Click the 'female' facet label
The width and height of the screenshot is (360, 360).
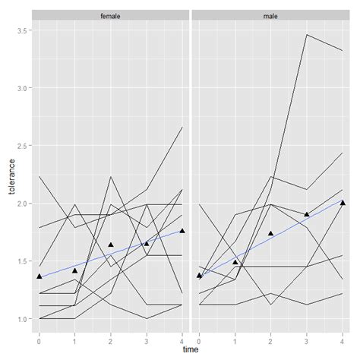tap(110, 15)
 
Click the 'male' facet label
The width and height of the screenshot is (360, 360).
tap(270, 15)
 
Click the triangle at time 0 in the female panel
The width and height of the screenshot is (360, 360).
tap(39, 276)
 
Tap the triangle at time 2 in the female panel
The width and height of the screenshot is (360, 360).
tap(111, 245)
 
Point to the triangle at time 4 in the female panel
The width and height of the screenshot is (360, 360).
tap(182, 231)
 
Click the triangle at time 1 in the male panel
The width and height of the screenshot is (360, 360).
tap(235, 263)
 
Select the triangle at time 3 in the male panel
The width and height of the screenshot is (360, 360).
tap(307, 215)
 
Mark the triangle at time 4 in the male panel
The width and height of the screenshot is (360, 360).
tap(343, 203)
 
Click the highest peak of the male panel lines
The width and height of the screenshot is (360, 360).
tap(307, 35)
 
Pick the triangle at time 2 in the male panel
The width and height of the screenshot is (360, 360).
tap(271, 234)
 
